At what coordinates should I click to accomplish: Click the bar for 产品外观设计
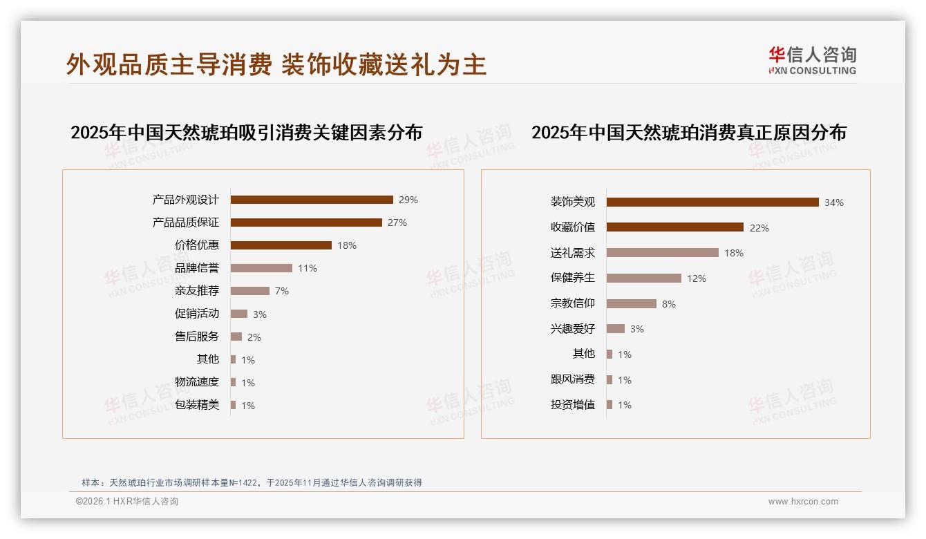312,200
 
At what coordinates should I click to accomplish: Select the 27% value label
397,223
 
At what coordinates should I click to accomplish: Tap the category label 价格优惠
197,245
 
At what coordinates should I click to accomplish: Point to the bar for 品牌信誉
261,268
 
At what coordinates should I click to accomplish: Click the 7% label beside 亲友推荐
281,291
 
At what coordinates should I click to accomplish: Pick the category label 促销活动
197,314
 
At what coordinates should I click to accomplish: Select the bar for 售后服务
236,337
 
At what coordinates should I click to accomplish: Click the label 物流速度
197,382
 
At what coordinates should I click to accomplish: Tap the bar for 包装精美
234,405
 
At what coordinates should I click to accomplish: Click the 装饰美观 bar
712,202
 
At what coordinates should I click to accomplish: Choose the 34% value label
833,202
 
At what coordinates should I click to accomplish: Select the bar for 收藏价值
675,227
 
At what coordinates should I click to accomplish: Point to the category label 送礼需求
573,253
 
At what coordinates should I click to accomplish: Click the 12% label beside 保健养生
696,278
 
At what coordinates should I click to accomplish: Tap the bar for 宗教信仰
632,303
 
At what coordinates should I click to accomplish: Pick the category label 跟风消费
573,379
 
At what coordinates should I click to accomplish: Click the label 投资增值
573,405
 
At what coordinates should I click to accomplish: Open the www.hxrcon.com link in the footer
803,502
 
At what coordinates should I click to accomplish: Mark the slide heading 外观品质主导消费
169,64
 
